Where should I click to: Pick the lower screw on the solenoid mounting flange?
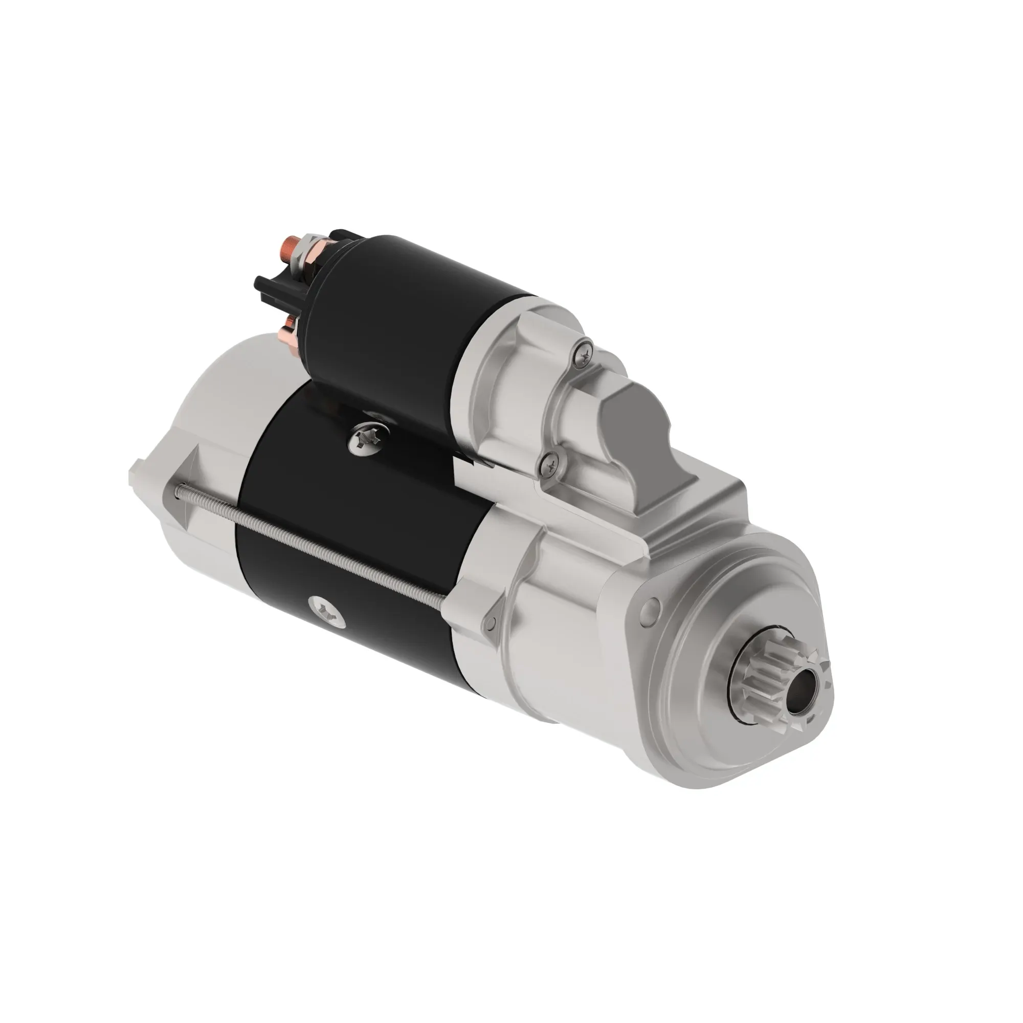pyautogui.click(x=551, y=465)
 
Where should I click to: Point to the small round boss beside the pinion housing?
pyautogui.click(x=651, y=607)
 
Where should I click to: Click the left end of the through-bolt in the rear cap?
pyautogui.click(x=180, y=493)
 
